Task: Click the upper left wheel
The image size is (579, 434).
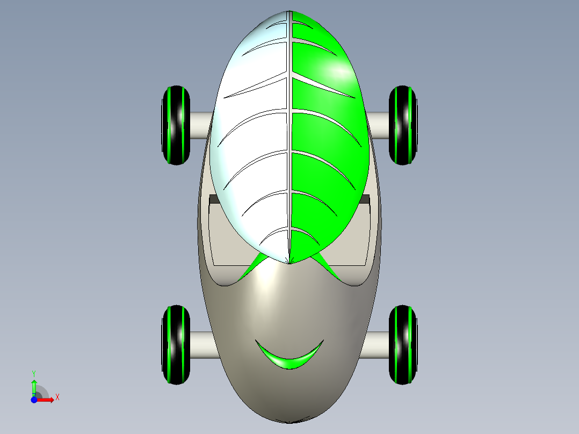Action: coord(176,125)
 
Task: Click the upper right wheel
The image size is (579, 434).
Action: coord(403,125)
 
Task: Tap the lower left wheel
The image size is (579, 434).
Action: coord(176,345)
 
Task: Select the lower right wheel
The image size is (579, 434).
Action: coord(403,345)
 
